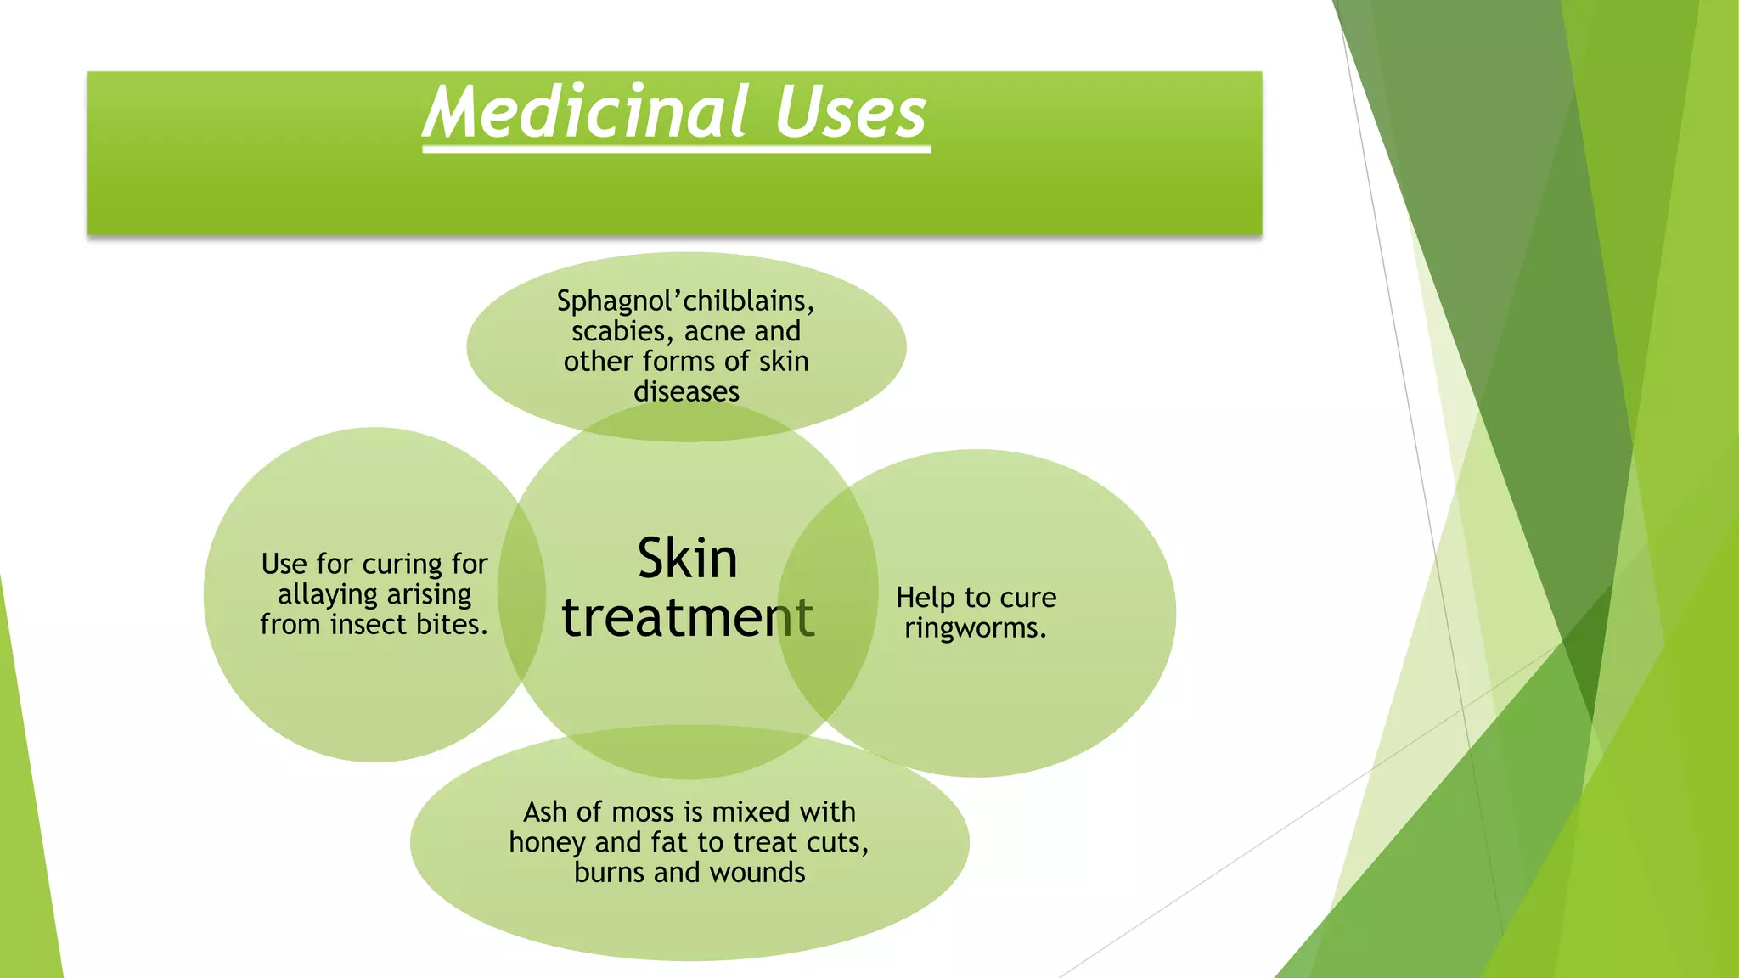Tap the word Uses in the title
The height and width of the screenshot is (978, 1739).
pos(850,112)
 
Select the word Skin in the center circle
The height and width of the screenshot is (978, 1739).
pos(687,559)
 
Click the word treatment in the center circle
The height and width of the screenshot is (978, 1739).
pos(688,617)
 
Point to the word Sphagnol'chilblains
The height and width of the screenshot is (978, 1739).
pos(685,301)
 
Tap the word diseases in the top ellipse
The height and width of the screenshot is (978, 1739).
pos(686,392)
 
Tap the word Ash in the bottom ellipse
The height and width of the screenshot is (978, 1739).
pos(544,812)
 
